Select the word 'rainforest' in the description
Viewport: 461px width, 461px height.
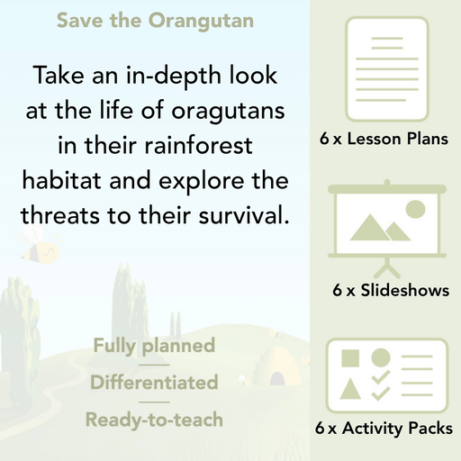[198, 146]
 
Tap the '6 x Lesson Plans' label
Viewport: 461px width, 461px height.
[384, 140]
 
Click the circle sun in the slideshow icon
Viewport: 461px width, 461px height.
[414, 210]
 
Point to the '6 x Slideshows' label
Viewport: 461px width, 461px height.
[391, 290]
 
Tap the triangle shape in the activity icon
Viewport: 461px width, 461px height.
[351, 391]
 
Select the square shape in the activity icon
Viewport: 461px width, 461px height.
[351, 359]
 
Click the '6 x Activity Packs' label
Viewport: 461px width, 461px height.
[384, 429]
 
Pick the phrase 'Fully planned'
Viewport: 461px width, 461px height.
[153, 345]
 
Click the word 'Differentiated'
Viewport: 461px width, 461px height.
[154, 382]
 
